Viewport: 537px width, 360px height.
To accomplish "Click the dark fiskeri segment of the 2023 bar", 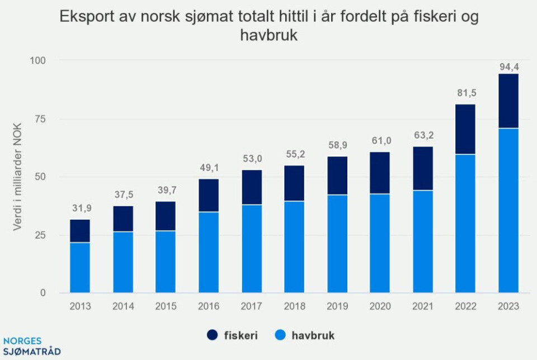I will (x=508, y=101).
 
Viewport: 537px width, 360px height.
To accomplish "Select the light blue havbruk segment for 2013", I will (x=80, y=267).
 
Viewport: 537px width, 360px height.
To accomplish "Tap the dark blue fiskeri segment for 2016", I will (x=209, y=195).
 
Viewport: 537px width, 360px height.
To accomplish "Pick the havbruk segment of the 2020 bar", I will (x=380, y=243).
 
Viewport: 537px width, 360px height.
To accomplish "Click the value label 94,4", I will (x=508, y=67).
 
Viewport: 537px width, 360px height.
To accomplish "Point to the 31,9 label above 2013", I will (x=80, y=208).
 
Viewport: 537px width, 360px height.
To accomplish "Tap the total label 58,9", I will (x=337, y=145).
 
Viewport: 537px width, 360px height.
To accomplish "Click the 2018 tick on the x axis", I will (x=294, y=306).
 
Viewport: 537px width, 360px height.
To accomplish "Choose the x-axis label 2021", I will (x=422, y=306).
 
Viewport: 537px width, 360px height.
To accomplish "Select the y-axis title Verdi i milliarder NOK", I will (x=17, y=177).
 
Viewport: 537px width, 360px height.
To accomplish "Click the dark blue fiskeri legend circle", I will (x=213, y=335).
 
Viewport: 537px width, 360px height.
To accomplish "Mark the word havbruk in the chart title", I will (x=268, y=36).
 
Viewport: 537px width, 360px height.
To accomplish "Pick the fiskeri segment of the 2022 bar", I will (x=465, y=129).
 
